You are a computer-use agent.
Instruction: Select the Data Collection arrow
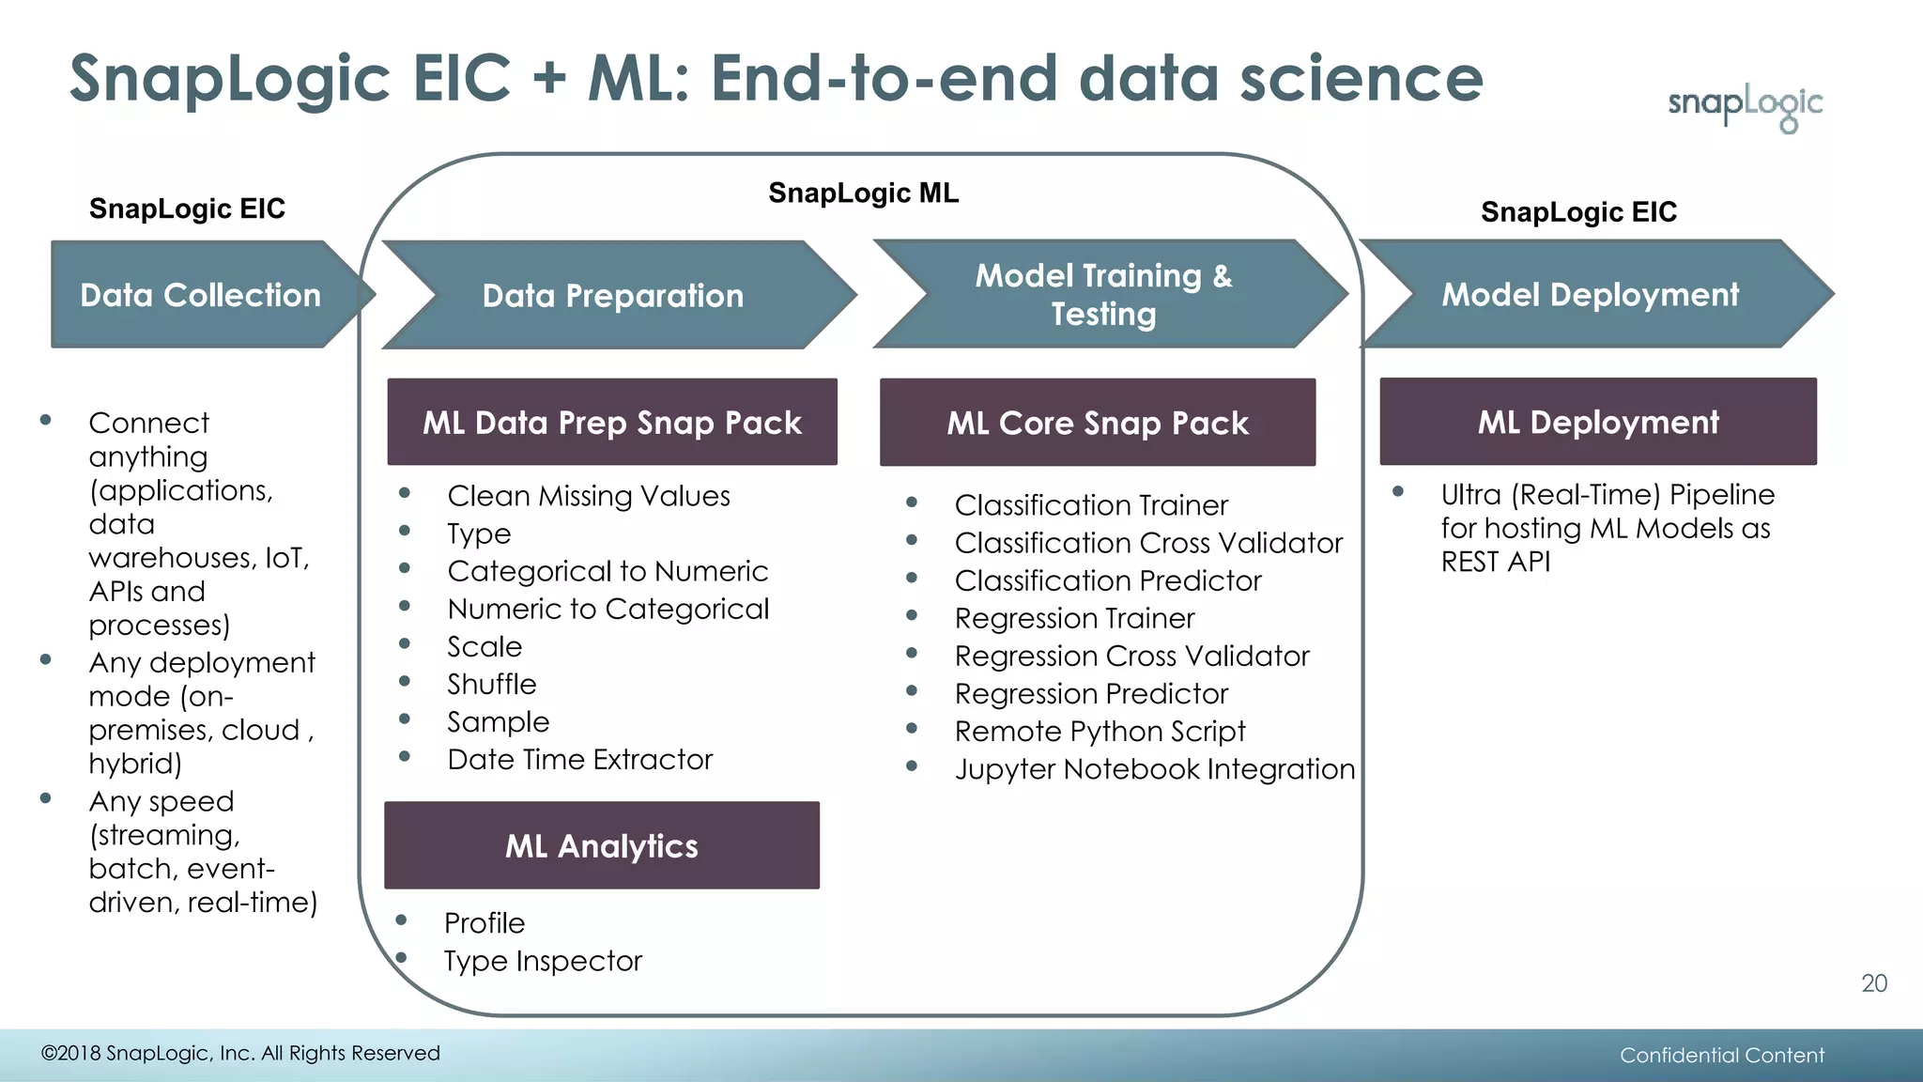pyautogui.click(x=201, y=295)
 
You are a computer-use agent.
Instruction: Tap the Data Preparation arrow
pyautogui.click(x=613, y=296)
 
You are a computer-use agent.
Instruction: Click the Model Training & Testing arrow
pyautogui.click(x=1103, y=294)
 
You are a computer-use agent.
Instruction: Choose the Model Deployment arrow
pyautogui.click(x=1590, y=295)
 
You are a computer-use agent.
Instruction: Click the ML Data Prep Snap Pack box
pyautogui.click(x=612, y=423)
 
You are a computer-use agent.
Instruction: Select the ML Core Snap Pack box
pyautogui.click(x=1097, y=423)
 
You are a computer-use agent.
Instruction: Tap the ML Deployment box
pyautogui.click(x=1597, y=422)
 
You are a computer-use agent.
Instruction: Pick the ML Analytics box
pyautogui.click(x=602, y=845)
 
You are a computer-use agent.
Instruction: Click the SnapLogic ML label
pyautogui.click(x=863, y=193)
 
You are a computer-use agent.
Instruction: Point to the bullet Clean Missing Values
pyautogui.click(x=588, y=496)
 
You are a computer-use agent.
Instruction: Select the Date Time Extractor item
pyautogui.click(x=579, y=759)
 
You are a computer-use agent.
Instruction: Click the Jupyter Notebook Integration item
pyautogui.click(x=1154, y=769)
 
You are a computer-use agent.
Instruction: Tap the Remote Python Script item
pyautogui.click(x=1100, y=731)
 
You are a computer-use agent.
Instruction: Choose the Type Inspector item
pyautogui.click(x=543, y=961)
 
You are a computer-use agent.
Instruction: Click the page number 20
pyautogui.click(x=1873, y=983)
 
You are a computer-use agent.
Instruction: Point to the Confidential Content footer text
pyautogui.click(x=1721, y=1055)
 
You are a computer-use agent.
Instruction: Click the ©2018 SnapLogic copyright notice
pyautogui.click(x=240, y=1053)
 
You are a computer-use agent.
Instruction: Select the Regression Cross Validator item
pyautogui.click(x=1131, y=656)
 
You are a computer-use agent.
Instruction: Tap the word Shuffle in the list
pyautogui.click(x=491, y=684)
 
